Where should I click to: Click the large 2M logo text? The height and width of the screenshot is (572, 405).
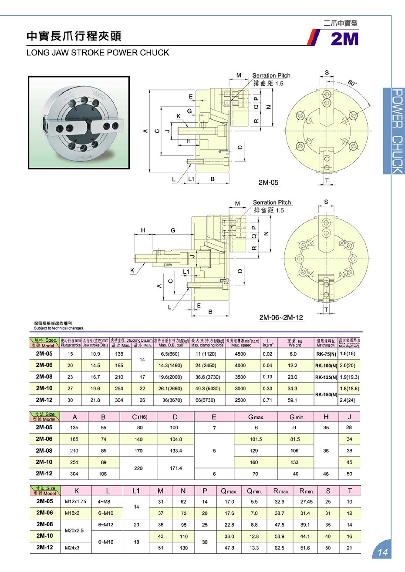coord(344,39)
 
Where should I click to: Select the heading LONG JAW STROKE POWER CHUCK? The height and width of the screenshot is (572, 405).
coord(98,53)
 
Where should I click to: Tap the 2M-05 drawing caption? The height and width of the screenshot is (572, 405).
coord(268,182)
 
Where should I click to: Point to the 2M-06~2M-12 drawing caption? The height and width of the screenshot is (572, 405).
coord(281,317)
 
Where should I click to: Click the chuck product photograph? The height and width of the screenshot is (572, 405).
coord(79,122)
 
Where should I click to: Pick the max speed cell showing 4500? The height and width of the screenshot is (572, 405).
coord(240,354)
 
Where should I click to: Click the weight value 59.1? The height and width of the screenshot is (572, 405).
coord(293,400)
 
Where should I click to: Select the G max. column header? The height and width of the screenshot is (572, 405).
coord(256,417)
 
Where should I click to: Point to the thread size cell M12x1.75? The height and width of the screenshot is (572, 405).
coord(76,501)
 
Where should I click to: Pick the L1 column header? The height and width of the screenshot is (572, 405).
coord(136,491)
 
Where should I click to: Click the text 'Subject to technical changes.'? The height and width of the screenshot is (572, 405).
coord(59,328)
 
